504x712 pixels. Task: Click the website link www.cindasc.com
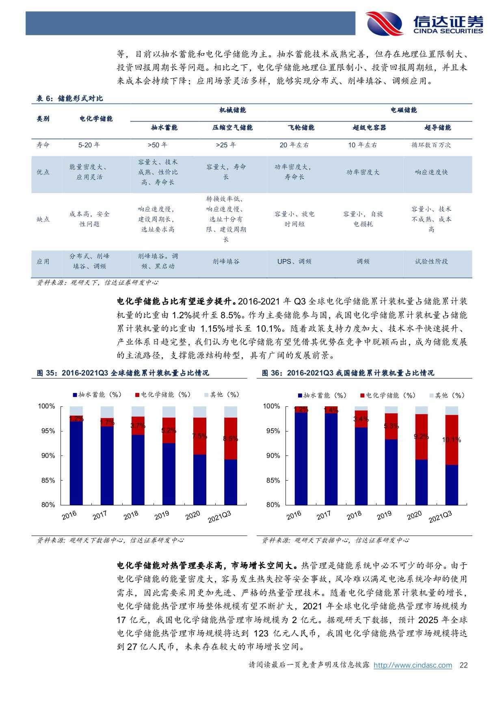pyautogui.click(x=413, y=665)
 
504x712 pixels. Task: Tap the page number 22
pyautogui.click(x=463, y=665)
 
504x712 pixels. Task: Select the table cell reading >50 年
pyautogui.click(x=157, y=145)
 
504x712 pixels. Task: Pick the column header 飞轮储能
pyautogui.click(x=301, y=127)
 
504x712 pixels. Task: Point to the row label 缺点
pyautogui.click(x=43, y=219)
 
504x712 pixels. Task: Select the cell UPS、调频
pyautogui.click(x=294, y=261)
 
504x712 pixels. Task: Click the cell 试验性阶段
pyautogui.click(x=431, y=261)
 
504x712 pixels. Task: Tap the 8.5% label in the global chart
pyautogui.click(x=230, y=438)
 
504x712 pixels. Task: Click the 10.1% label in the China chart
pyautogui.click(x=452, y=440)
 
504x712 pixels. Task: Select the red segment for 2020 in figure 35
pyautogui.click(x=199, y=436)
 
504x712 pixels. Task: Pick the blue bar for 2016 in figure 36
pyautogui.click(x=301, y=459)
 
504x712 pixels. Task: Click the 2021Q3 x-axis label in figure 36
pyautogui.click(x=440, y=517)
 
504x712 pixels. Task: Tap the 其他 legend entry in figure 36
pyautogui.click(x=446, y=395)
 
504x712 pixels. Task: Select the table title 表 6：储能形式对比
pyautogui.click(x=70, y=98)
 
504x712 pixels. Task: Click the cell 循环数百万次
pyautogui.click(x=431, y=145)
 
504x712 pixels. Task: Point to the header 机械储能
pyautogui.click(x=233, y=110)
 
